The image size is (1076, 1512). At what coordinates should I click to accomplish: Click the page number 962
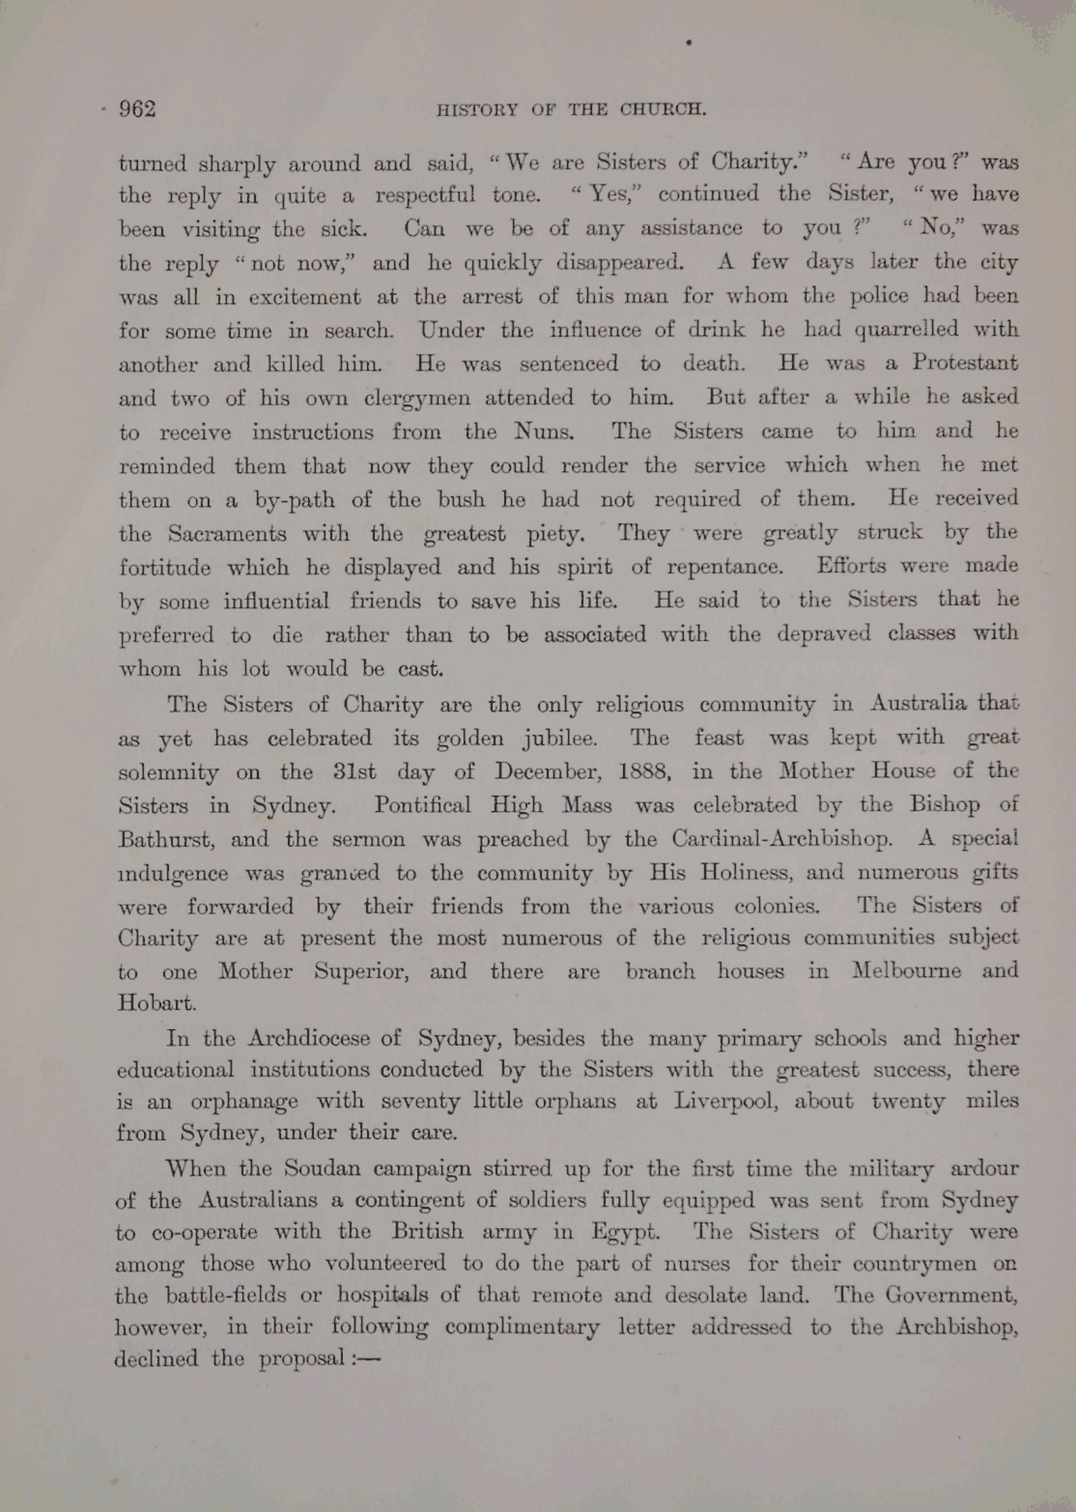pos(137,109)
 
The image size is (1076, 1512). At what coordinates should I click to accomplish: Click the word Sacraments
pos(227,534)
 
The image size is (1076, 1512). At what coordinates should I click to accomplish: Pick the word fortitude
pos(165,568)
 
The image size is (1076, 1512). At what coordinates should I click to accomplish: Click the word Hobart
pos(156,1002)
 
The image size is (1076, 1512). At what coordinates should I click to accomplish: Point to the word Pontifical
pos(422,805)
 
